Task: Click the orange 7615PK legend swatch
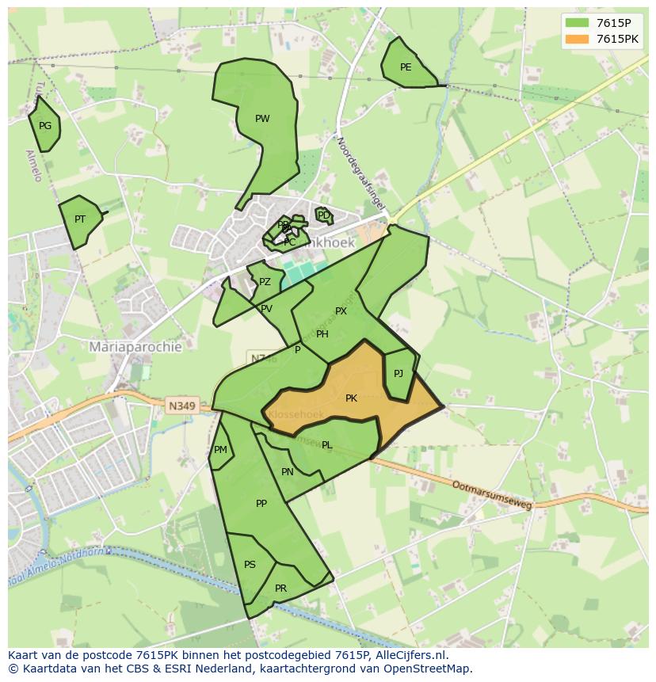tap(578, 39)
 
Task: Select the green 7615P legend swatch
tap(578, 23)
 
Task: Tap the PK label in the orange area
tap(351, 398)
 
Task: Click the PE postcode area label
tap(406, 67)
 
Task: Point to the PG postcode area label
tap(45, 126)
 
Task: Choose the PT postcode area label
tap(80, 219)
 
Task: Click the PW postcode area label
tap(262, 119)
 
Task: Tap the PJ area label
tap(399, 374)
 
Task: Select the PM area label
tap(220, 450)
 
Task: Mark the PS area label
tap(250, 565)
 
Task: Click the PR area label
tap(280, 589)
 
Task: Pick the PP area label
tap(261, 503)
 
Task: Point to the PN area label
tap(288, 472)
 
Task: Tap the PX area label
tap(341, 311)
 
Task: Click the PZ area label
tap(265, 282)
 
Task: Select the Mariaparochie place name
tap(135, 347)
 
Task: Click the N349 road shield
tap(181, 406)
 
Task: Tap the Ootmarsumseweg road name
tap(491, 494)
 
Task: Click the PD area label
tap(323, 215)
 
